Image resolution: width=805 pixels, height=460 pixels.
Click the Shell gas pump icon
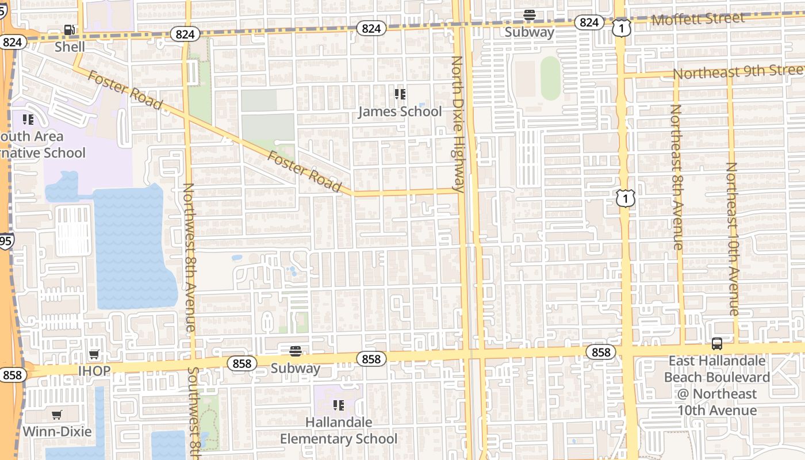click(x=69, y=30)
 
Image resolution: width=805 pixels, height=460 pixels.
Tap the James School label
click(x=400, y=112)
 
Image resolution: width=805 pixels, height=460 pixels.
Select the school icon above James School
click(x=400, y=94)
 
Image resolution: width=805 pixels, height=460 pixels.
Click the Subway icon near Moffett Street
click(x=530, y=16)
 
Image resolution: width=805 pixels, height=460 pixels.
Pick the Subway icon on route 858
click(x=296, y=351)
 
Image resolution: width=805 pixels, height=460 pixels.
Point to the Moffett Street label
click(x=698, y=19)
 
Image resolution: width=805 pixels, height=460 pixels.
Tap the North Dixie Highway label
click(x=458, y=124)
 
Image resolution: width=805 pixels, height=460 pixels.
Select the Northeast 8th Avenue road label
click(x=677, y=177)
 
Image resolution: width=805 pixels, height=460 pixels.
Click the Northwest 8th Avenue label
click(x=189, y=257)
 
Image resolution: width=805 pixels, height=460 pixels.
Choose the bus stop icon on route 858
click(x=716, y=344)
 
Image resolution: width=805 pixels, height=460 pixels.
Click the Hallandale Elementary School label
click(x=339, y=430)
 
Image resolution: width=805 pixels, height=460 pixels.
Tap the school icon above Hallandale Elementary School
click(x=339, y=405)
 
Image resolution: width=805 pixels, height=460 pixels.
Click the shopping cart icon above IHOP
click(x=94, y=354)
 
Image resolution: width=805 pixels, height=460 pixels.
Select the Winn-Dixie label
click(x=57, y=431)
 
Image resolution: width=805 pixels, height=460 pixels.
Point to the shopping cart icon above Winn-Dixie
click(x=57, y=415)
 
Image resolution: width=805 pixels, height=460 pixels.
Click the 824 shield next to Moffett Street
click(x=589, y=22)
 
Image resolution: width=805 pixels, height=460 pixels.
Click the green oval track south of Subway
click(x=550, y=78)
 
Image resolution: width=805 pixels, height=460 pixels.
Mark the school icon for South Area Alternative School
click(x=28, y=120)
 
